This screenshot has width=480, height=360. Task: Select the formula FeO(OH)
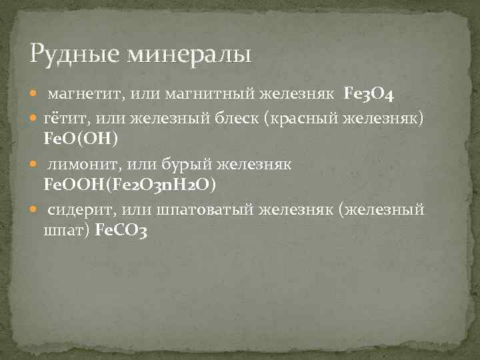80,139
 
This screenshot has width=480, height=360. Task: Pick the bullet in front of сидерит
35,211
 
